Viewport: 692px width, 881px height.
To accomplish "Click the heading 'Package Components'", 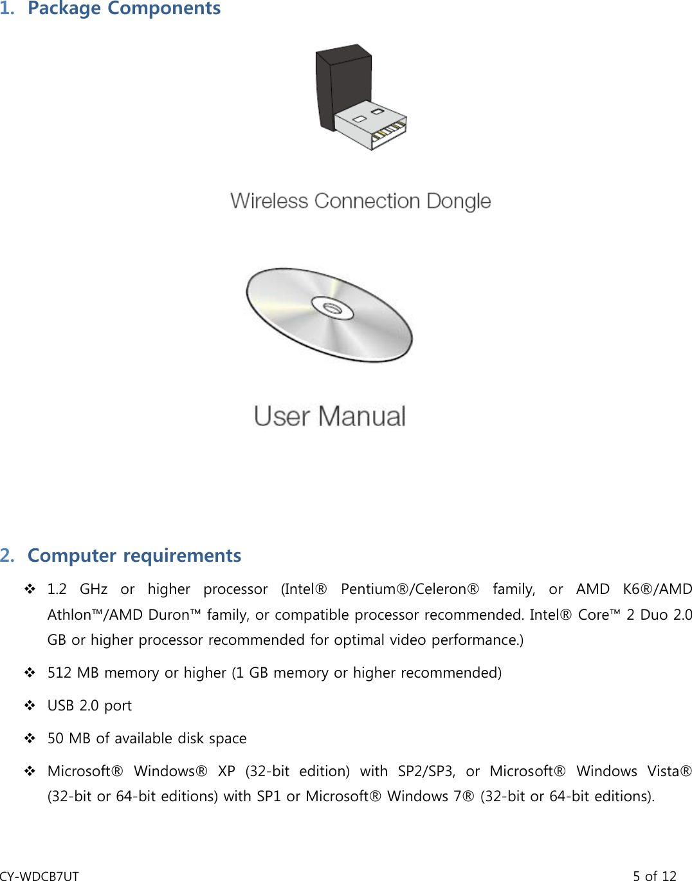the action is [124, 8].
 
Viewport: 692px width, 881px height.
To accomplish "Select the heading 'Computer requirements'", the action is [134, 555].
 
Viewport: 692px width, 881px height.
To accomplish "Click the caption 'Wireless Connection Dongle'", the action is [360, 201].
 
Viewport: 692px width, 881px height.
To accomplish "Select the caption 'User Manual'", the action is [330, 416].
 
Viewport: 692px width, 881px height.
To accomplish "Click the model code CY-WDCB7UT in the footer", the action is [39, 875].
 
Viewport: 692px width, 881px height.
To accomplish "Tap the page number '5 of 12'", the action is [654, 875].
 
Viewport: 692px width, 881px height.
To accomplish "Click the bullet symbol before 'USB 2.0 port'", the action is [30, 705].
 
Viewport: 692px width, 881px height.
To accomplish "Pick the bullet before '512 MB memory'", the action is [30, 672].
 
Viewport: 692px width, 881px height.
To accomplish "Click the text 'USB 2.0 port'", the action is [89, 705].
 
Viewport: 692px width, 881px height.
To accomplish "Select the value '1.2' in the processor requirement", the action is [57, 589].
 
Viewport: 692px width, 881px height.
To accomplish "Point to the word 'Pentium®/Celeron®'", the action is [410, 589].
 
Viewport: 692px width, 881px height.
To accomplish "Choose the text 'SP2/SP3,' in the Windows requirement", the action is [426, 771].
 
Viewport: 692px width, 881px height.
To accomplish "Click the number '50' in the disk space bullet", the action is [55, 738].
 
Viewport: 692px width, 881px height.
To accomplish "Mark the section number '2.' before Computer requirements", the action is [8, 555].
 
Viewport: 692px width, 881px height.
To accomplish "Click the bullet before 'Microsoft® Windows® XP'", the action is [30, 771].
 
